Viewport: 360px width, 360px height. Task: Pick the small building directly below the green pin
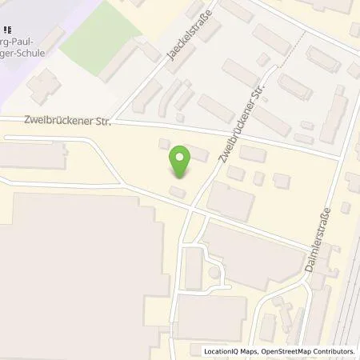pyautogui.click(x=178, y=191)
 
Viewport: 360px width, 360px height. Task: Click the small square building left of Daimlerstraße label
pyautogui.click(x=281, y=181)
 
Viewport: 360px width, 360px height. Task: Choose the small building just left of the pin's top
pyautogui.click(x=164, y=144)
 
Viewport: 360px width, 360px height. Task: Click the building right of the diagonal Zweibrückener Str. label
pyautogui.click(x=252, y=153)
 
